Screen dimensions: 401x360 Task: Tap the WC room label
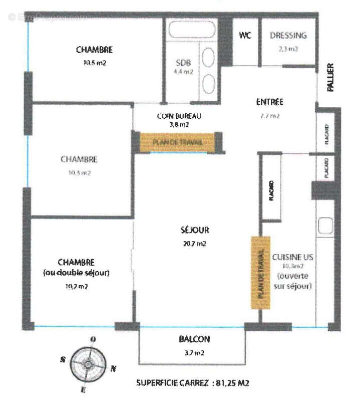pos(245,35)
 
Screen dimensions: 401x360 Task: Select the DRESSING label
pos(288,36)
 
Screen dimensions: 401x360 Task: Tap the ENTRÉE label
pos(269,102)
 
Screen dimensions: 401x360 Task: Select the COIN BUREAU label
pos(179,116)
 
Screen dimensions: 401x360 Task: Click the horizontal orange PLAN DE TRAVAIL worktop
pos(178,142)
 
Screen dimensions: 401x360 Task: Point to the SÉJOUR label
pos(195,231)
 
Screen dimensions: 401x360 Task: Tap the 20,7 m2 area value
pos(195,244)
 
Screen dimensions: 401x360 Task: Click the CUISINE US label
pos(292,257)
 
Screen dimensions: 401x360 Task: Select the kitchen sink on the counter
pos(325,225)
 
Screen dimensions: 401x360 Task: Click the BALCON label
pos(194,339)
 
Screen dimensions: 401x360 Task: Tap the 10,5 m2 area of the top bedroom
pos(94,63)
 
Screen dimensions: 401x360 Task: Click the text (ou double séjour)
pos(84,273)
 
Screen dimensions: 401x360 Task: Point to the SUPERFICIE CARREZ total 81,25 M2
pos(193,383)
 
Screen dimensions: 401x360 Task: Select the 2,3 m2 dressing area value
pos(288,49)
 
